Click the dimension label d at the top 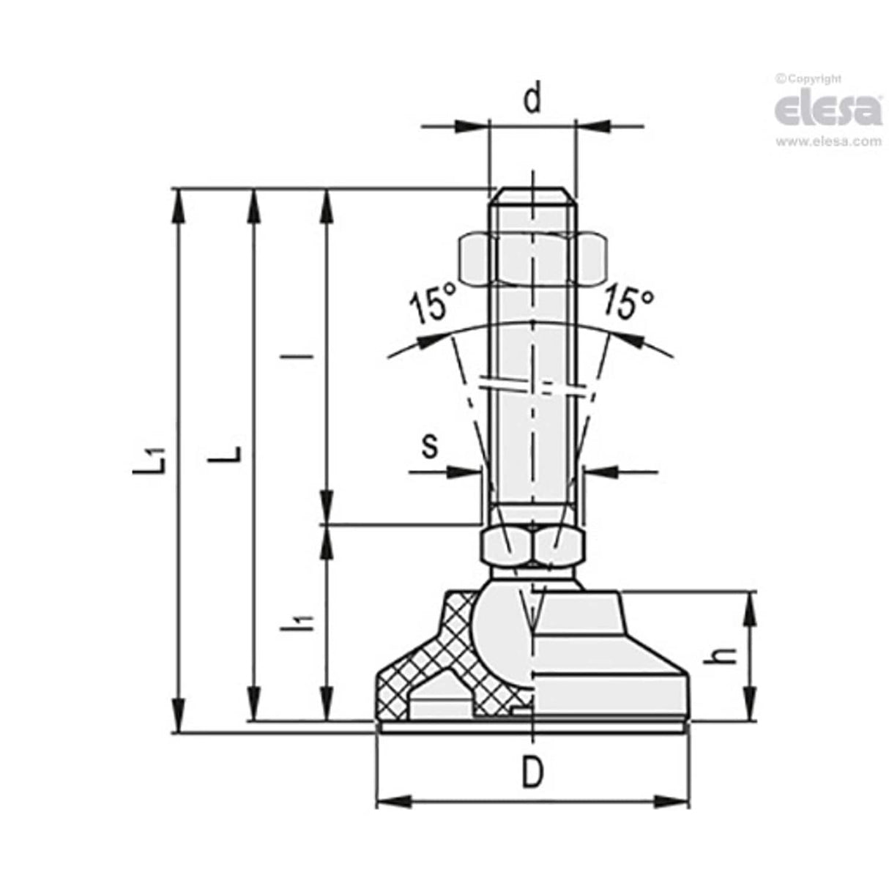pos(533,100)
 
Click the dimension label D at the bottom pos(533,773)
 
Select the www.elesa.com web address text pos(828,142)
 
